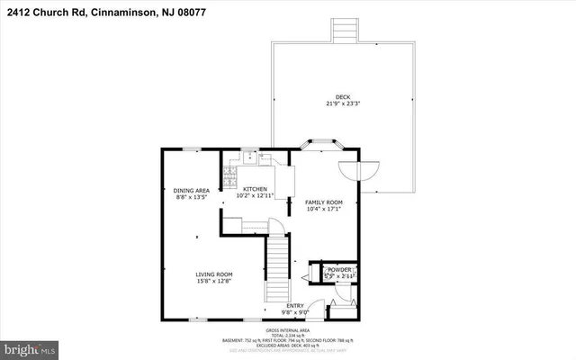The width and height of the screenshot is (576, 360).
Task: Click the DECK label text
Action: pyautogui.click(x=343, y=96)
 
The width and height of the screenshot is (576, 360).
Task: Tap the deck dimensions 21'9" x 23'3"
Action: pyautogui.click(x=343, y=103)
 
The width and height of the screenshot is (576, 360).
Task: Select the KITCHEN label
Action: pyautogui.click(x=253, y=189)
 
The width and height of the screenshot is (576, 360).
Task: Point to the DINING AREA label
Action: pyautogui.click(x=192, y=190)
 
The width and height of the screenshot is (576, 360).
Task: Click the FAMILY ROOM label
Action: pyautogui.click(x=323, y=202)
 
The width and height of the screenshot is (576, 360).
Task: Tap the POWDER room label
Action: pyautogui.click(x=339, y=269)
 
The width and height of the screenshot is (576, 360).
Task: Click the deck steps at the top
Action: pyautogui.click(x=342, y=30)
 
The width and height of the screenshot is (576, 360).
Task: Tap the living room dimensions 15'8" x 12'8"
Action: pyautogui.click(x=215, y=281)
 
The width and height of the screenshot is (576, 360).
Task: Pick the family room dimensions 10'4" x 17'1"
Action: pyautogui.click(x=323, y=210)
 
